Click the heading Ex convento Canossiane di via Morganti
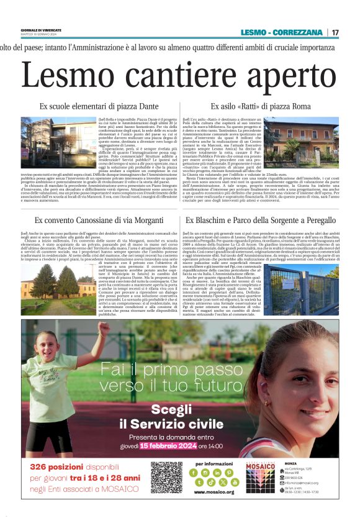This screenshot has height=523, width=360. click(x=92, y=220)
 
